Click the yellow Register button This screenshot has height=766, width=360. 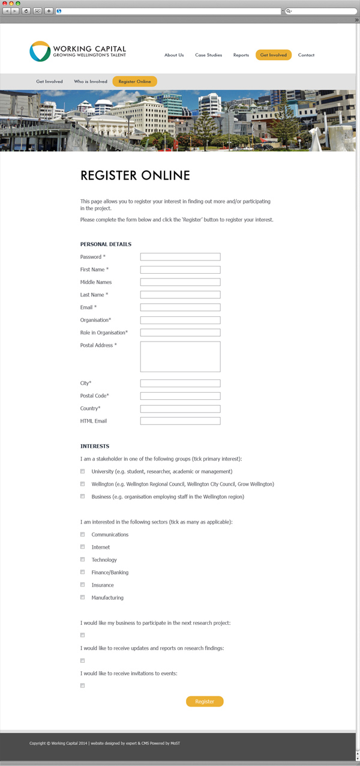[x=205, y=701]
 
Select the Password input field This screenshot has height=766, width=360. [x=180, y=257]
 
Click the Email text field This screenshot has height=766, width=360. [x=180, y=307]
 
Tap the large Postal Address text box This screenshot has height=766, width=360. [x=180, y=357]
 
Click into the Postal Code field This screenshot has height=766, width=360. [x=180, y=396]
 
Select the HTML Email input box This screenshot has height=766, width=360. [x=180, y=421]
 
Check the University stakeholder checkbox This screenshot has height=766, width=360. [x=83, y=471]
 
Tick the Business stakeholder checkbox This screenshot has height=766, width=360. [x=83, y=496]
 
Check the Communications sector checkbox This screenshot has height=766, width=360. [x=83, y=534]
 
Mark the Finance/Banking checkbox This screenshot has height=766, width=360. [x=83, y=572]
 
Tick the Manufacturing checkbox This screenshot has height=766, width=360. [x=83, y=597]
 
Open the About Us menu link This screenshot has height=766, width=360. [x=174, y=55]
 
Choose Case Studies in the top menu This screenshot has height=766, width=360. [x=208, y=55]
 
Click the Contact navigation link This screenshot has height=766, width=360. [x=306, y=55]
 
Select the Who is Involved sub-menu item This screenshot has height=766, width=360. [x=91, y=82]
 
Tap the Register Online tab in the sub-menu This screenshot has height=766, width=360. [x=134, y=82]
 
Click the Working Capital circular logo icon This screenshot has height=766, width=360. [x=40, y=52]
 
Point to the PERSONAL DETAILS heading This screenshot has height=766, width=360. [x=106, y=244]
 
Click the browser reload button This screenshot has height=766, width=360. [x=26, y=11]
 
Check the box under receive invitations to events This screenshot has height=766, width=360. [x=83, y=686]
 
